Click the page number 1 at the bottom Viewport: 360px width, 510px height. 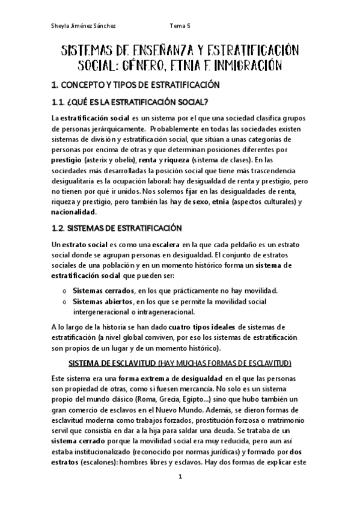coord(180,493)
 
